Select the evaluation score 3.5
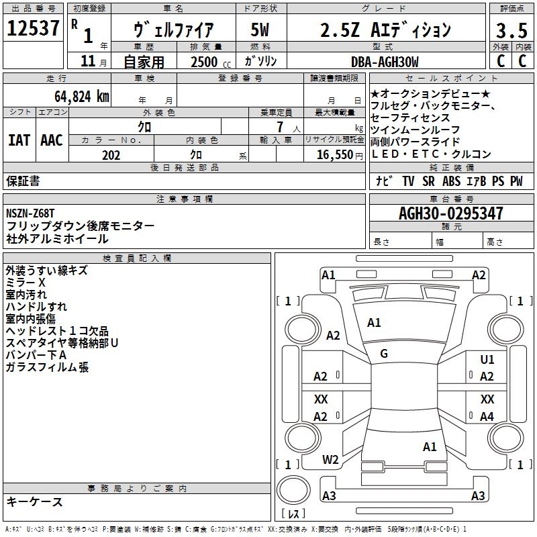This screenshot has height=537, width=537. (x=511, y=30)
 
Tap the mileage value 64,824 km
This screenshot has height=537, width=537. (x=75, y=96)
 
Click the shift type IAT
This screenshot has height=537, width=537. (x=19, y=140)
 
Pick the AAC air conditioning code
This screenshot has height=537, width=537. (x=52, y=140)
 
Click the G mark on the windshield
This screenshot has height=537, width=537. (x=384, y=354)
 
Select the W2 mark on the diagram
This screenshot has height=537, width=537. (x=330, y=460)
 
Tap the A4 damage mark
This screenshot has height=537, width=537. (x=487, y=417)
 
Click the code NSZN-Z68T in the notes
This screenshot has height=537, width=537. (x=30, y=213)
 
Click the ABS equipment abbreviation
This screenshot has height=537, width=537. (x=452, y=181)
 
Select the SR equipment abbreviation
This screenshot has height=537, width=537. (x=428, y=181)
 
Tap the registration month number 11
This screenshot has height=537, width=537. (x=87, y=62)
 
